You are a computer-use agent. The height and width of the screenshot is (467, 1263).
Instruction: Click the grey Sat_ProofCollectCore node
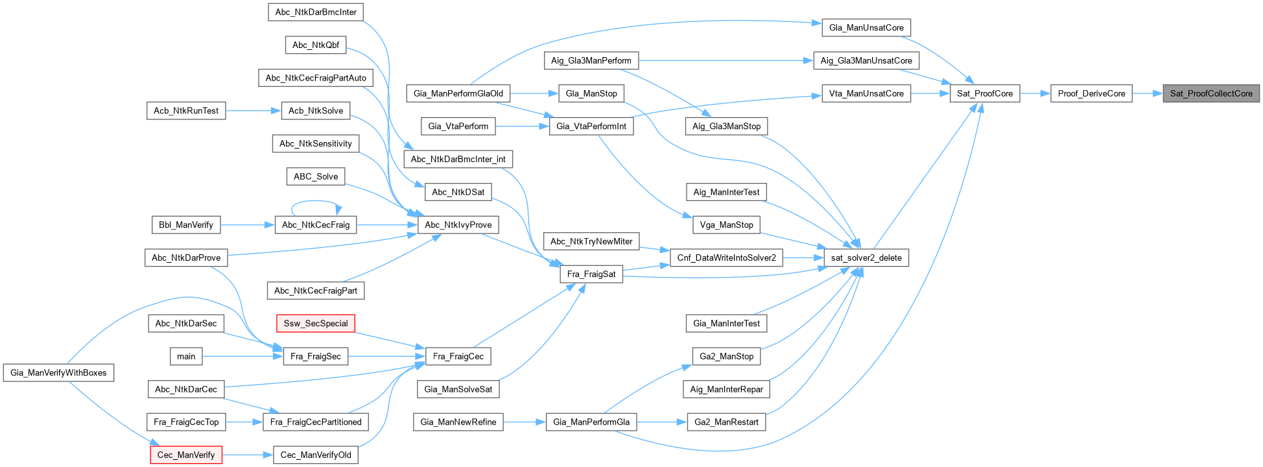(1210, 93)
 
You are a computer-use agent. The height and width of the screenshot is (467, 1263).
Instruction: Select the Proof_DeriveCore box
(1091, 93)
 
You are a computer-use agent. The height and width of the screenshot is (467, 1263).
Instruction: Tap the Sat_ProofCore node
(984, 93)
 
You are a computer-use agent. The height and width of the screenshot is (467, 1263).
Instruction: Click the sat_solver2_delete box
(866, 257)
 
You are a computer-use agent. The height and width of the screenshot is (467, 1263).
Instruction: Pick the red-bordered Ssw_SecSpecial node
(315, 323)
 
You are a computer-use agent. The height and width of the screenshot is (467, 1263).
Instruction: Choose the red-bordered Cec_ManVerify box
(186, 455)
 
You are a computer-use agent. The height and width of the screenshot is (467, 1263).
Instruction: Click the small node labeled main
(186, 356)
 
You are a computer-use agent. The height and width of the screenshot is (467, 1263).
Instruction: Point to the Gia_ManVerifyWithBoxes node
(58, 373)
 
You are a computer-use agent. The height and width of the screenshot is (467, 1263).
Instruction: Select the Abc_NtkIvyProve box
(458, 225)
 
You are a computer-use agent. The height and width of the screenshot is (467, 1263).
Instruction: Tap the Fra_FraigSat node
(591, 274)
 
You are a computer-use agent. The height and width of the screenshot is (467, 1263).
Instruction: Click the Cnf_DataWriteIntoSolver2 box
(726, 257)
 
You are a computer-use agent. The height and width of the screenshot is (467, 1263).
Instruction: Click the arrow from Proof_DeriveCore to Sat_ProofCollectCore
(1148, 93)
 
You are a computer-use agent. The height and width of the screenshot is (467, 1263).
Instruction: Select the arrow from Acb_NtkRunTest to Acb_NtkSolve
(253, 111)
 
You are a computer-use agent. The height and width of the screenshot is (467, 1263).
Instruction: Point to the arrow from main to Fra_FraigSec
(242, 356)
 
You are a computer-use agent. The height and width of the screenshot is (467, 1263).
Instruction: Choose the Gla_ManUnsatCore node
(866, 28)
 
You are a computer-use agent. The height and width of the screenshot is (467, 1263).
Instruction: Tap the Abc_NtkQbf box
(315, 45)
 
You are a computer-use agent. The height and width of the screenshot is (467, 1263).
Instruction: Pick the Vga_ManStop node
(726, 225)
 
